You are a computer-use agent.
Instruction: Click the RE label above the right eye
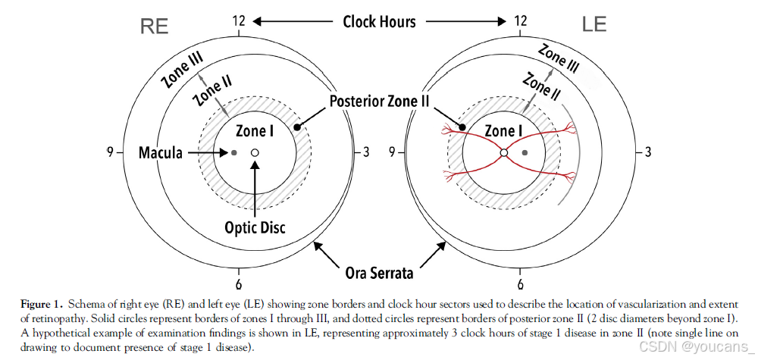pyautogui.click(x=154, y=25)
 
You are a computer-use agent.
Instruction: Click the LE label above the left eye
pyautogui.click(x=594, y=25)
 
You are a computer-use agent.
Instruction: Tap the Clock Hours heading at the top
pyautogui.click(x=379, y=21)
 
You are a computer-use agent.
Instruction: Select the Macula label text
pyautogui.click(x=161, y=153)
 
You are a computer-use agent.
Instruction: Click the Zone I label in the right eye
pyautogui.click(x=255, y=131)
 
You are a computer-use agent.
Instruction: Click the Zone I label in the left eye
pyautogui.click(x=504, y=131)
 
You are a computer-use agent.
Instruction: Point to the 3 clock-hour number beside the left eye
pyautogui.click(x=648, y=152)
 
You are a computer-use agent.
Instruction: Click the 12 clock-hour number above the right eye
pyautogui.click(x=239, y=21)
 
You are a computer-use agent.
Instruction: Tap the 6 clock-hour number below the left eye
pyautogui.click(x=520, y=285)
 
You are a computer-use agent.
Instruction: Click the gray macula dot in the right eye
pyautogui.click(x=234, y=153)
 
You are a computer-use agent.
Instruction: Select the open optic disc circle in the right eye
pyautogui.click(x=255, y=153)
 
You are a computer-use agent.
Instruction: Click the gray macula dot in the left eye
pyautogui.click(x=525, y=153)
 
